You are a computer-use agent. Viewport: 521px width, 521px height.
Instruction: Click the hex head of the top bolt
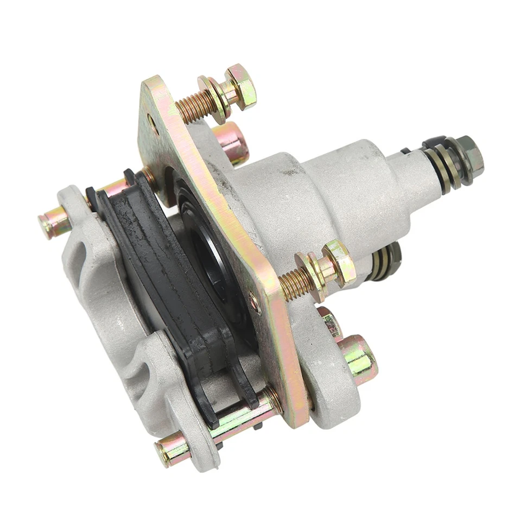[x=242, y=87]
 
